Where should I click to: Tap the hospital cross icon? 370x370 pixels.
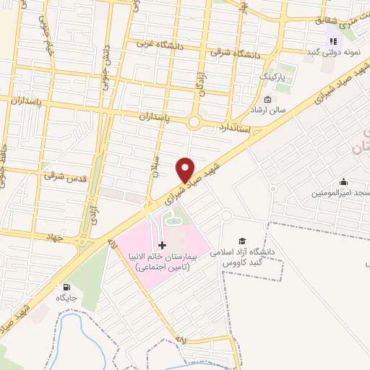162,246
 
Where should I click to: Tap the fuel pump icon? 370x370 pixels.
68,286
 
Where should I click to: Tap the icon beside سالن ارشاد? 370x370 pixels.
268,100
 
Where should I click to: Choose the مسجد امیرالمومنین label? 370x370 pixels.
340,193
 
